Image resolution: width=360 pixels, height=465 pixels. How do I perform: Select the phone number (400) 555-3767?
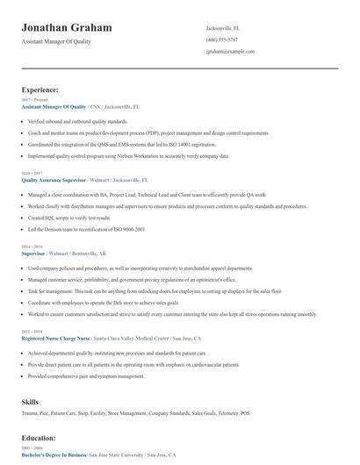tap(221, 39)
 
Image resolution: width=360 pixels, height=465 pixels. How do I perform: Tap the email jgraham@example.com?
tap(230, 51)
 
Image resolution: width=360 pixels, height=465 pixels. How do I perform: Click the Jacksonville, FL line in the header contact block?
tap(222, 28)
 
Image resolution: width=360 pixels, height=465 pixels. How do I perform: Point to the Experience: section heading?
tap(40, 89)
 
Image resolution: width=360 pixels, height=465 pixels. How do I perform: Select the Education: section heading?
tap(40, 436)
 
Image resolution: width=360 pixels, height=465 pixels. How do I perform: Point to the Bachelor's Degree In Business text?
tap(54, 455)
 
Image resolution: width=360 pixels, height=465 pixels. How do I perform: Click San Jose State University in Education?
tap(117, 455)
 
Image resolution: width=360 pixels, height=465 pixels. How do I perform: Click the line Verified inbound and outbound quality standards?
tap(77, 121)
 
